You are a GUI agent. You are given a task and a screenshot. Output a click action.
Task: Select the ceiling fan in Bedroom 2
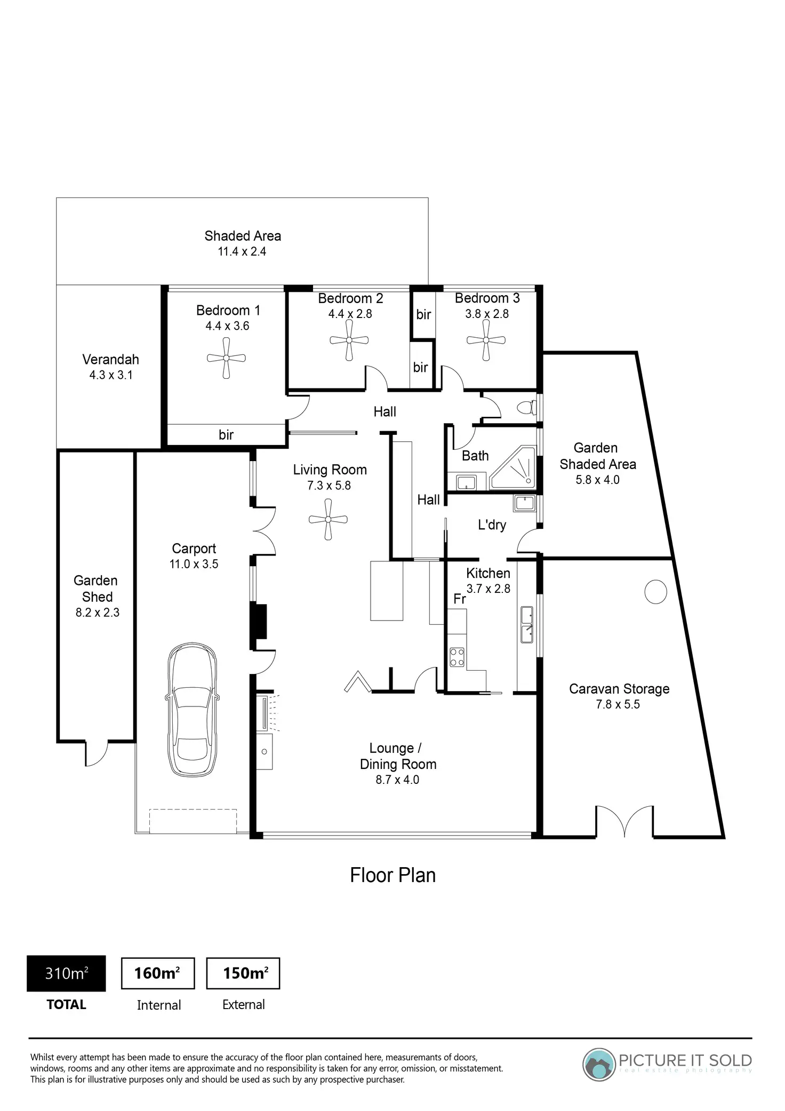click(349, 340)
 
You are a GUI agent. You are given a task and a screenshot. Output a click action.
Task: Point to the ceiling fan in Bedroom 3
click(486, 340)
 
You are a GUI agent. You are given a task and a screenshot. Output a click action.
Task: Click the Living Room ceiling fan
click(329, 519)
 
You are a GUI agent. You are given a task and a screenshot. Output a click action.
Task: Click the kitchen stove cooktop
click(457, 656)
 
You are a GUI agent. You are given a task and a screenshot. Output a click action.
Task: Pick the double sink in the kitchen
click(527, 625)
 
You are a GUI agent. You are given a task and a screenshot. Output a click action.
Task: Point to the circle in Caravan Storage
click(655, 592)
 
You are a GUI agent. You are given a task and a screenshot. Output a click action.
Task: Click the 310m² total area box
click(66, 974)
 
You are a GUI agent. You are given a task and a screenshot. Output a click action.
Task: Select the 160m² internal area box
click(158, 974)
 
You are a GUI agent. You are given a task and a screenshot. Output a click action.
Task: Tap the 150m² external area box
click(243, 974)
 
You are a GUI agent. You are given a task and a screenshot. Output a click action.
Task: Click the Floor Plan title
click(392, 876)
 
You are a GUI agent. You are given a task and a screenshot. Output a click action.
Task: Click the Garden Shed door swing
click(97, 753)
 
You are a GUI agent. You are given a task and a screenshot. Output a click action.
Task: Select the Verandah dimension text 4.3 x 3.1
click(111, 375)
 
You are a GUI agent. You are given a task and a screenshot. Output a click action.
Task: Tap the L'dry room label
click(492, 525)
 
